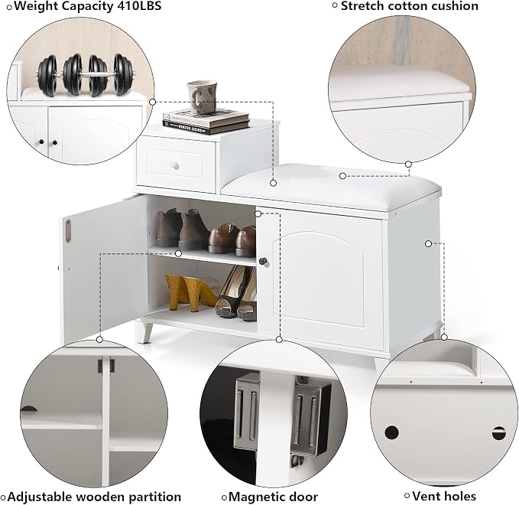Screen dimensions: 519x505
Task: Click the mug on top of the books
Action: [x=201, y=96]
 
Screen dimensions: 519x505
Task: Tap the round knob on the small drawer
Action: [x=175, y=165]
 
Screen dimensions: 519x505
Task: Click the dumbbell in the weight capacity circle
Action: [x=86, y=75]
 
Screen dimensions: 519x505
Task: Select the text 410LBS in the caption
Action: [x=138, y=6]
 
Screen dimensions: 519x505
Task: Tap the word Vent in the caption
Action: [x=425, y=496]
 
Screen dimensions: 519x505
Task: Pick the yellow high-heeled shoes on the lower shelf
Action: [x=190, y=292]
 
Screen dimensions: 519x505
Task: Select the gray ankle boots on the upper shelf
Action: [x=181, y=229]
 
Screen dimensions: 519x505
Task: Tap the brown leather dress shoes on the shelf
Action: [x=232, y=239]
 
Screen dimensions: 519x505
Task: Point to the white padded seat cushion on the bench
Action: [x=331, y=187]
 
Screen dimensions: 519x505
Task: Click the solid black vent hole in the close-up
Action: [x=391, y=432]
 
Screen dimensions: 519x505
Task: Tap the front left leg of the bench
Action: [x=145, y=331]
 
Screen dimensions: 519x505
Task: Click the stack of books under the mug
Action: [x=206, y=121]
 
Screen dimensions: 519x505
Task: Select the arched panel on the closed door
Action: [x=320, y=279]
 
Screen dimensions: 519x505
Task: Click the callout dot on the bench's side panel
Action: [x=428, y=243]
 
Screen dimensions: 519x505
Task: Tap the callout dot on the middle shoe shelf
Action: [x=178, y=253]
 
